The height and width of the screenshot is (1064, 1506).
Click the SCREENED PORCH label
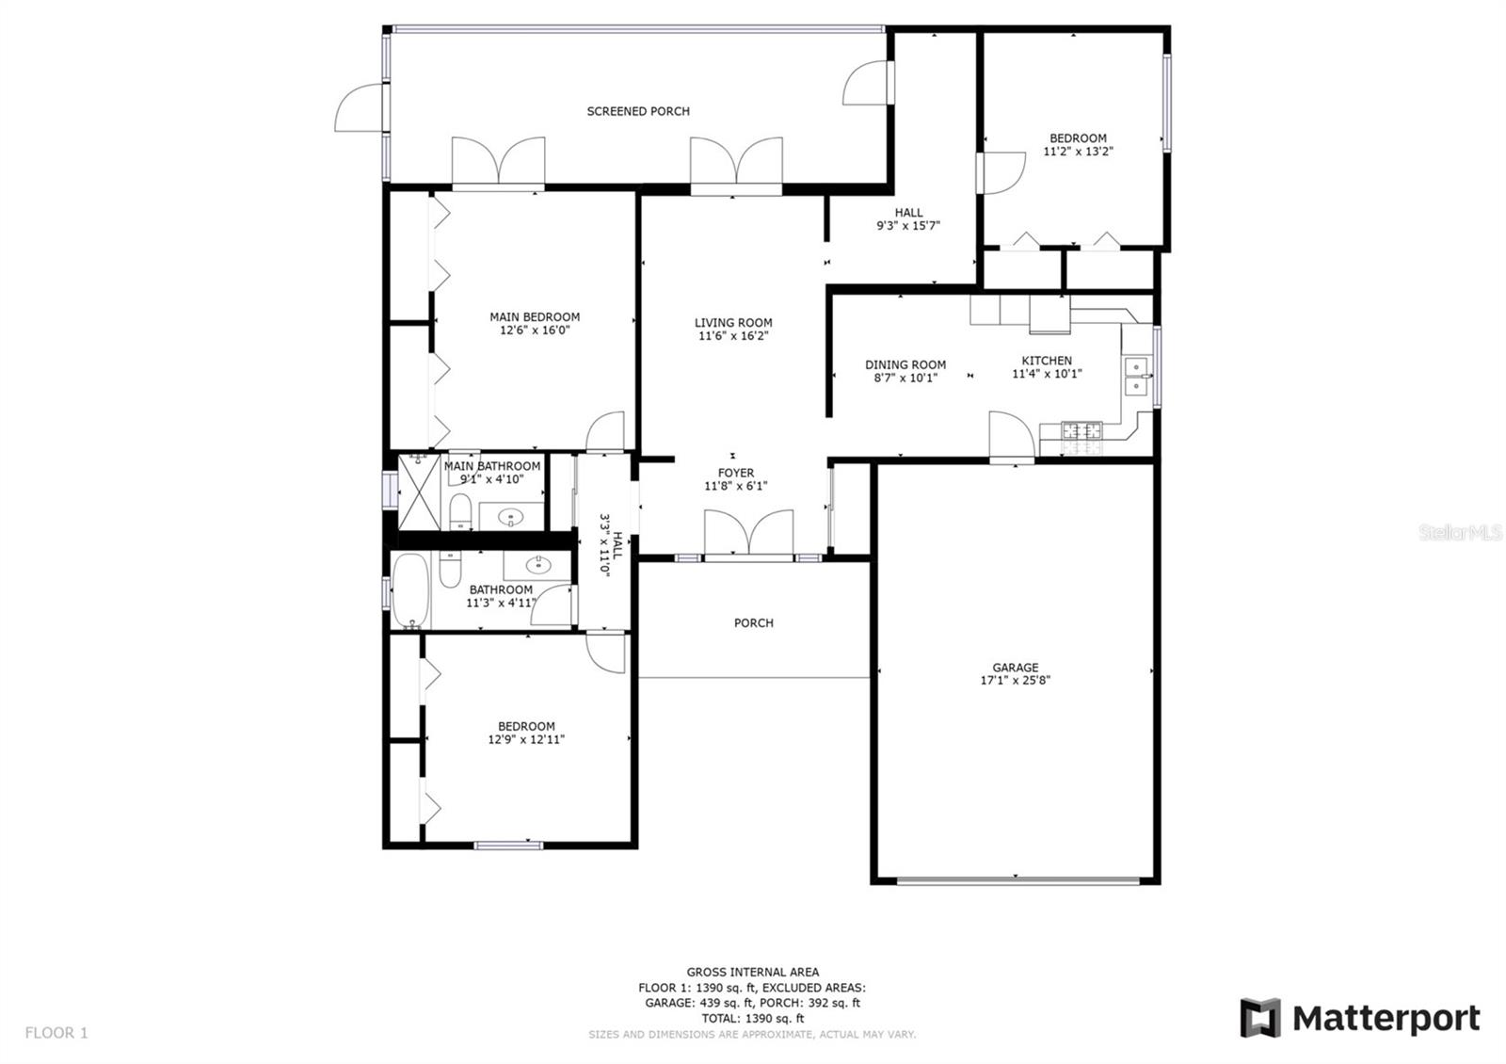638,112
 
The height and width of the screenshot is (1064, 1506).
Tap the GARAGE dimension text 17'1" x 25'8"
1016,680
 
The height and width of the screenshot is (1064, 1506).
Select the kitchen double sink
1137,377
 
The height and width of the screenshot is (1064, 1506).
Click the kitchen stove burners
1081,429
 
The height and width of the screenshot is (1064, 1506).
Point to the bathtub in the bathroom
410,590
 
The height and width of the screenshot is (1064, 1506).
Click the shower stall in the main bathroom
419,492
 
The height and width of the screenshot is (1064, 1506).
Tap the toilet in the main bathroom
460,512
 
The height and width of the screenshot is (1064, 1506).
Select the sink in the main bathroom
511,517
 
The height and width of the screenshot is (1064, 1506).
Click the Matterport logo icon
1260,1018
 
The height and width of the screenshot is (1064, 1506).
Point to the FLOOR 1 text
56,1032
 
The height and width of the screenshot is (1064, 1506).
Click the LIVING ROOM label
733,323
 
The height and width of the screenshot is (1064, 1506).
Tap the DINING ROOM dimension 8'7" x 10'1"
905,378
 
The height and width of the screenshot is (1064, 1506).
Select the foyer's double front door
748,533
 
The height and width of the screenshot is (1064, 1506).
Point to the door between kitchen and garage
1012,436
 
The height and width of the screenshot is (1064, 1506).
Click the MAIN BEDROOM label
535,317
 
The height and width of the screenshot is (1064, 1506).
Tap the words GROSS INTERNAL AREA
752,972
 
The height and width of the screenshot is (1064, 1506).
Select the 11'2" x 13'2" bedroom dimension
1078,152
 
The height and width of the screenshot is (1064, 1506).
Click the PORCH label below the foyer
754,623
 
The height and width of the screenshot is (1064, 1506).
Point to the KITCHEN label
1047,361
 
